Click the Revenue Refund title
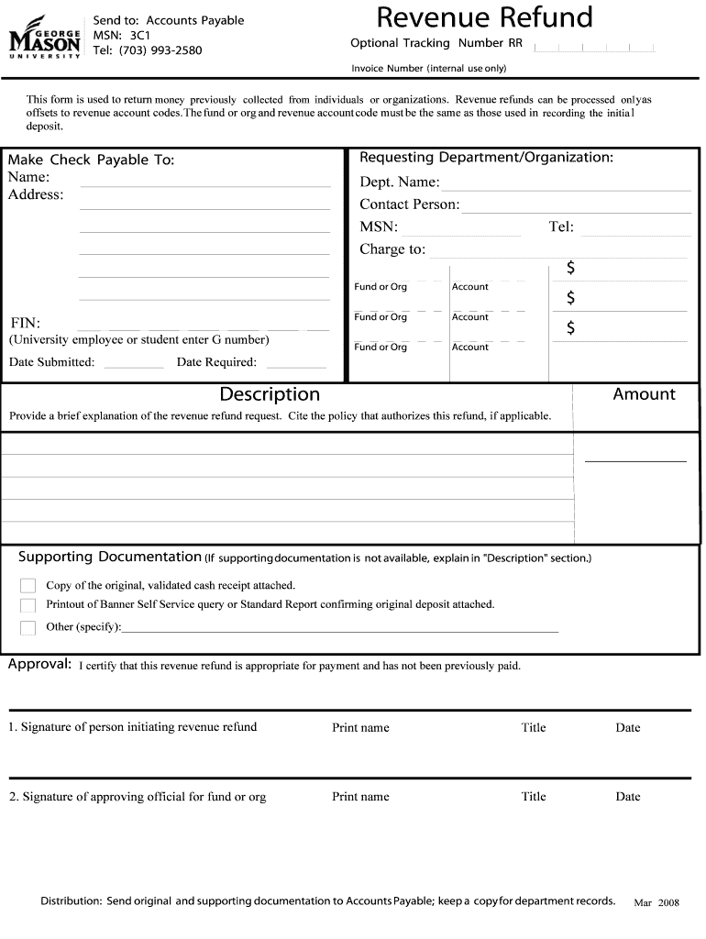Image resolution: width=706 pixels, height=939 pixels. point(484,17)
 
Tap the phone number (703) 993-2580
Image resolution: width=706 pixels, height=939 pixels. point(160,50)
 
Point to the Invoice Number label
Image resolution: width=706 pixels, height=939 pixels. point(428,69)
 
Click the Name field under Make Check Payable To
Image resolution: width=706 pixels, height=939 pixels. point(205,182)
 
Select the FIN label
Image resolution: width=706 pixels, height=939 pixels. point(26,323)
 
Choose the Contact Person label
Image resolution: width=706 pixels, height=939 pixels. point(409,204)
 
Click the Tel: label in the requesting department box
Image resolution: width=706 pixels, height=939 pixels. point(561,226)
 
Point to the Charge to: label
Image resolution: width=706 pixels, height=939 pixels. point(392,249)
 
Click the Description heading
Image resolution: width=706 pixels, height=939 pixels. point(270,394)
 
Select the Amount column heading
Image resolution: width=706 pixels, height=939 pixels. point(644,394)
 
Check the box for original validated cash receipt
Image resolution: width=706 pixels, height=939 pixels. point(28,585)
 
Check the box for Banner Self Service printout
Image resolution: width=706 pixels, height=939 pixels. point(28,605)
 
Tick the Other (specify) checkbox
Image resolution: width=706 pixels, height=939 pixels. point(28,627)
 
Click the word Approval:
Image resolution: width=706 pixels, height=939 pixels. point(40,665)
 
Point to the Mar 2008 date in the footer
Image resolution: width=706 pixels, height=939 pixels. point(656,902)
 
